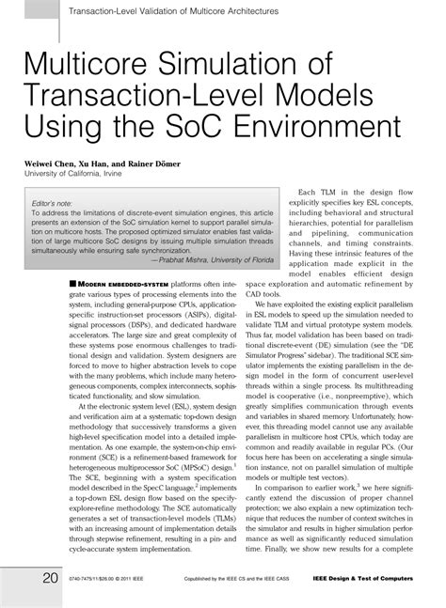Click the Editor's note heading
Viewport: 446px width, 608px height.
coord(52,203)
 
